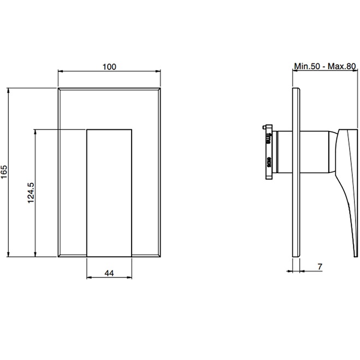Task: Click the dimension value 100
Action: [109, 67]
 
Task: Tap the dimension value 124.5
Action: [31, 193]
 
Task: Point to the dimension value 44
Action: [109, 274]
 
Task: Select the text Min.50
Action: [306, 67]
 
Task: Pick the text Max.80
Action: [343, 67]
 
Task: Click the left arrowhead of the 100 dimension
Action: [60, 72]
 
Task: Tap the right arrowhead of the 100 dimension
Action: [159, 72]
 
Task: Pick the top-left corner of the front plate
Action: [58, 87]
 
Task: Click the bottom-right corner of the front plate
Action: [161, 257]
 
